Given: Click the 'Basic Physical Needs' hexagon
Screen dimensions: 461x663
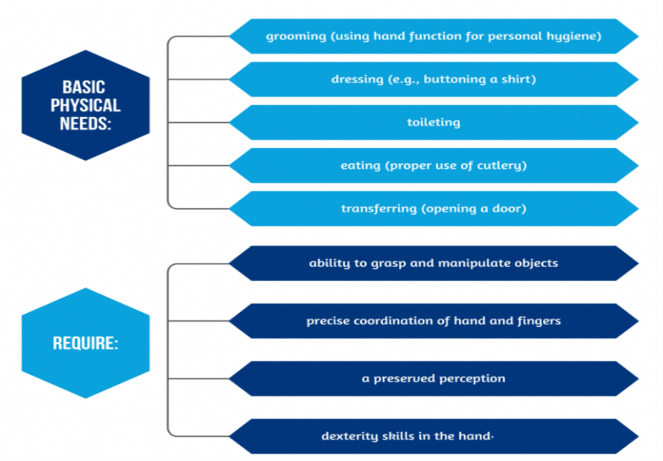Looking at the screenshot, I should [x=85, y=104].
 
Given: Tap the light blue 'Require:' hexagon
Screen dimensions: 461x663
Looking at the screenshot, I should [x=85, y=343].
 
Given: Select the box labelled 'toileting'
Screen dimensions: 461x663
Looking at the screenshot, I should [x=433, y=122].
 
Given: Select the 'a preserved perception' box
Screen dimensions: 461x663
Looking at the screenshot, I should [x=433, y=378].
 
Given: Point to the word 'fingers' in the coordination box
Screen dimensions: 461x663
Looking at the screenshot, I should [x=540, y=321].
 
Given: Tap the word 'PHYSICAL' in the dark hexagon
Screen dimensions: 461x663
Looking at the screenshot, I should [x=85, y=105].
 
